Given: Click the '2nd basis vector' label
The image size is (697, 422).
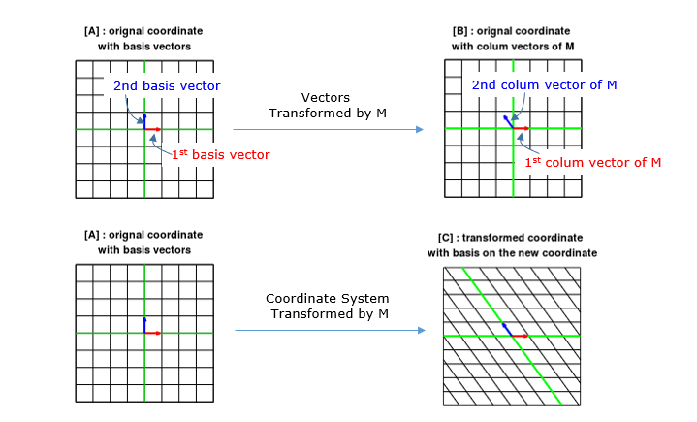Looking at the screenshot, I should [167, 86].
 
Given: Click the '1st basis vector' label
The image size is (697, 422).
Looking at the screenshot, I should [220, 154].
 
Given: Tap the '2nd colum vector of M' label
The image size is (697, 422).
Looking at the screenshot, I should [544, 85].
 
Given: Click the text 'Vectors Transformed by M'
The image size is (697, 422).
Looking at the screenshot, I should [327, 106].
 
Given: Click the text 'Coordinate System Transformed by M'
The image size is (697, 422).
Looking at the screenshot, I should [329, 308].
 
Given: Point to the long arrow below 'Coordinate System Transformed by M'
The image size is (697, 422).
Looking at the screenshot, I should [329, 331].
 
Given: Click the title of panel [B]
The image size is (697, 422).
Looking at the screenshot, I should [513, 39].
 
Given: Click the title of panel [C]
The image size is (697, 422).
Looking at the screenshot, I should [513, 246].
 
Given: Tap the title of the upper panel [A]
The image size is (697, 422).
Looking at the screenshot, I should [143, 39].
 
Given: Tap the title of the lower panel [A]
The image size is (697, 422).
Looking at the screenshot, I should [143, 243].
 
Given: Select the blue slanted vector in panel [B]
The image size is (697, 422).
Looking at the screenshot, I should [508, 122].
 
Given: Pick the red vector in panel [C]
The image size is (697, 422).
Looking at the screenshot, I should [520, 336].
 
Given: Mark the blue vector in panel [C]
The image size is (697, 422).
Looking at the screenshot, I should [507, 329].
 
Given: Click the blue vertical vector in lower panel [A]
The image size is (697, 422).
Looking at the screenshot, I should [144, 325].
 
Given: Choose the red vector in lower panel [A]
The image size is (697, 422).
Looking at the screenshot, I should [153, 333].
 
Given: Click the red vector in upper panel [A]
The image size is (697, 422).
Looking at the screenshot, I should [153, 128].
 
